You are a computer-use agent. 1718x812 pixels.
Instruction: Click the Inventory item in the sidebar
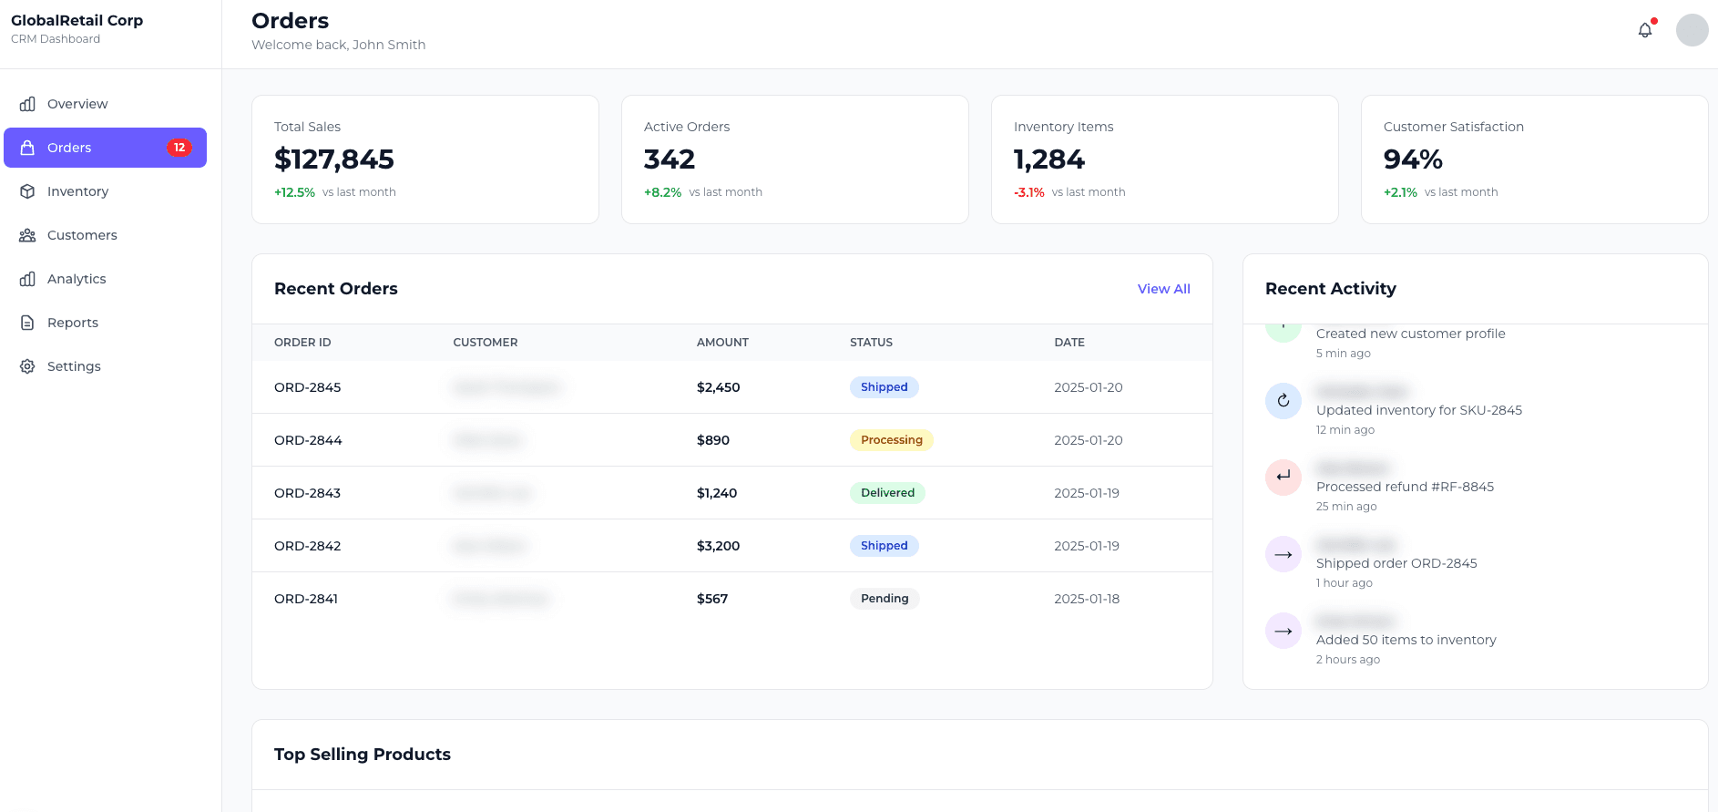pyautogui.click(x=77, y=191)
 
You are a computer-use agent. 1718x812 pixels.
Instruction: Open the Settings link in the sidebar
pyautogui.click(x=74, y=366)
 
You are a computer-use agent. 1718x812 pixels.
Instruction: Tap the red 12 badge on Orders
pyautogui.click(x=179, y=148)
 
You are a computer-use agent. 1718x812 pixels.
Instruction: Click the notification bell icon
pyautogui.click(x=1644, y=30)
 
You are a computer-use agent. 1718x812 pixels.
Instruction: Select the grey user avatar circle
pyautogui.click(x=1692, y=30)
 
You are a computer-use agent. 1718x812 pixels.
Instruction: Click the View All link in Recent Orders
pyautogui.click(x=1163, y=289)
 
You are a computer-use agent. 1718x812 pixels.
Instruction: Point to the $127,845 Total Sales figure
pyautogui.click(x=334, y=159)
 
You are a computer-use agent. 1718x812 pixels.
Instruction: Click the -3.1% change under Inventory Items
pyautogui.click(x=1028, y=192)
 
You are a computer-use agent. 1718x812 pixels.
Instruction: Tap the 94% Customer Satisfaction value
pyautogui.click(x=1412, y=159)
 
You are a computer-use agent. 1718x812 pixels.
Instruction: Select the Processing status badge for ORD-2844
pyautogui.click(x=891, y=440)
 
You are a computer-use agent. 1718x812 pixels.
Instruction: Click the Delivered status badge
pyautogui.click(x=887, y=493)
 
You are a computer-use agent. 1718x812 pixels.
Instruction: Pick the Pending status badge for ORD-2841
pyautogui.click(x=885, y=599)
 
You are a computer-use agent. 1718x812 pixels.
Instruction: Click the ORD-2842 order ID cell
pyautogui.click(x=308, y=546)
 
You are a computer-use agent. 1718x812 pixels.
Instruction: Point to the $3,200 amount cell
pyautogui.click(x=718, y=546)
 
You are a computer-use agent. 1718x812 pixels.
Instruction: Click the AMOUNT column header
pyautogui.click(x=722, y=343)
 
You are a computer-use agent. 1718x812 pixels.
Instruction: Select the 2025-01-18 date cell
pyautogui.click(x=1087, y=599)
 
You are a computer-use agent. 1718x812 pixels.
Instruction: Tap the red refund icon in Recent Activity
pyautogui.click(x=1283, y=477)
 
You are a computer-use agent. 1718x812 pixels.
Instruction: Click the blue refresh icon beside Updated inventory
pyautogui.click(x=1283, y=400)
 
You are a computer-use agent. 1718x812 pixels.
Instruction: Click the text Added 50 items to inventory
pyautogui.click(x=1406, y=640)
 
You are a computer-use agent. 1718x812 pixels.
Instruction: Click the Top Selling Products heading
pyautogui.click(x=363, y=755)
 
